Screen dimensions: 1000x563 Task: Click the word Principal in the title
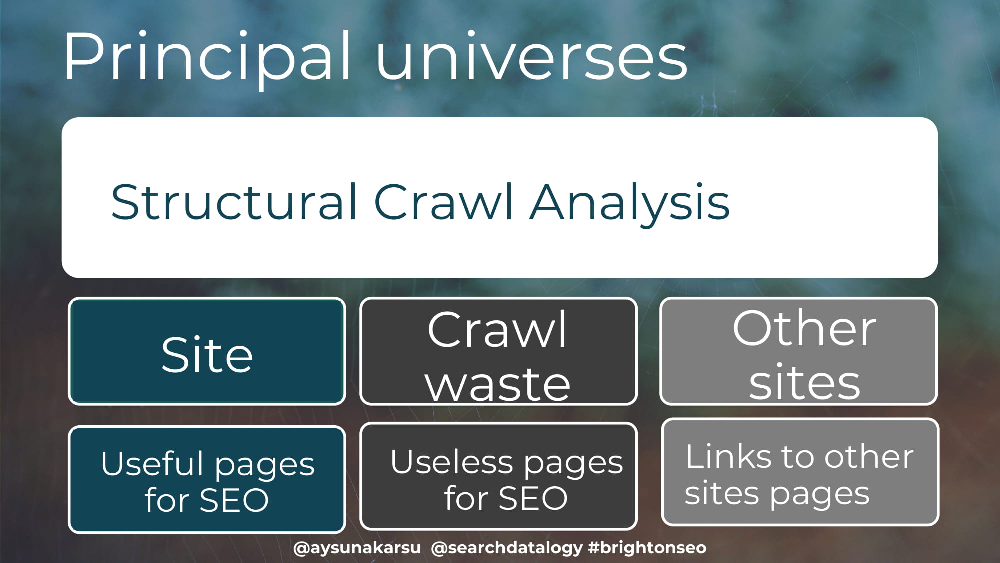[x=207, y=58]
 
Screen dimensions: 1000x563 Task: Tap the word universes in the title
[x=531, y=58]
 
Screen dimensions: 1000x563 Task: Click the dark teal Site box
[x=207, y=351]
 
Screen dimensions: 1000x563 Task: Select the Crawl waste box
[x=498, y=351]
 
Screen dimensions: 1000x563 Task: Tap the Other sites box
[x=798, y=351]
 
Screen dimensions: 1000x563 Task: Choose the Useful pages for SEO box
[x=207, y=480]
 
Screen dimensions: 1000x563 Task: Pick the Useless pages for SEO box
[x=498, y=476]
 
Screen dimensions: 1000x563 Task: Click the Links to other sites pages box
[x=800, y=472]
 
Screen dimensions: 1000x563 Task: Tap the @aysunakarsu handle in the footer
[x=357, y=548]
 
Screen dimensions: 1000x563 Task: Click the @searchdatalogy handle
[x=506, y=548]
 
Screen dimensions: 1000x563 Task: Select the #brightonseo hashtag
[x=647, y=547]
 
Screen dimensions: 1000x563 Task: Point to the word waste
[x=498, y=384]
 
